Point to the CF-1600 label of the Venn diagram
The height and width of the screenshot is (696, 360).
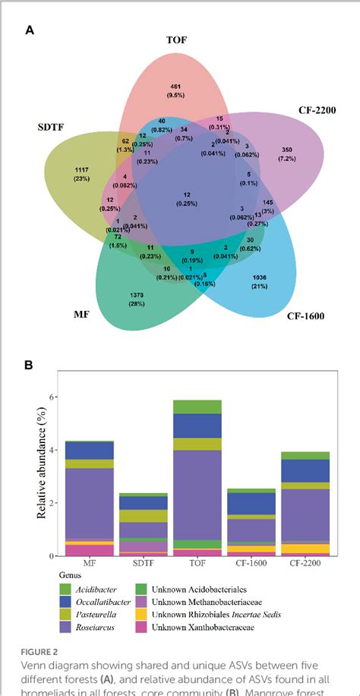[305, 315]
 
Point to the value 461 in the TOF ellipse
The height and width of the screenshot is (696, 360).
[175, 86]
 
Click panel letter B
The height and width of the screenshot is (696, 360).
[29, 365]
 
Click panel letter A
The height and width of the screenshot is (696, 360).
[29, 30]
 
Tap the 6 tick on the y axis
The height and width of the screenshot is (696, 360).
[53, 397]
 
